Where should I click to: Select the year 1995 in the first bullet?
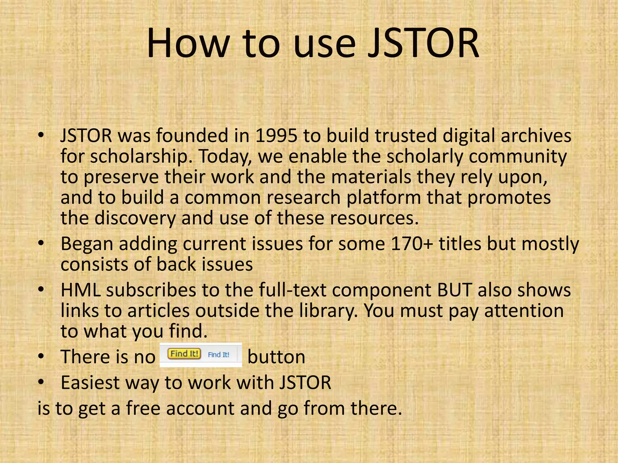coord(276,136)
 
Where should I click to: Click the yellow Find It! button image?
coord(184,354)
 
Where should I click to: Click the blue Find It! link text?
coord(218,355)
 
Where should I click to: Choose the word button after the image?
coord(276,357)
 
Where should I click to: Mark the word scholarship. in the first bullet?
coord(142,156)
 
